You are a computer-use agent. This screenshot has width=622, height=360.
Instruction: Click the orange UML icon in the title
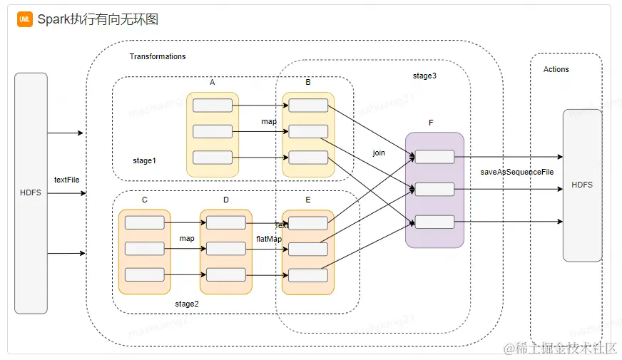25,19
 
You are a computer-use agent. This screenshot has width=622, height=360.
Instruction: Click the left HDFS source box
31,192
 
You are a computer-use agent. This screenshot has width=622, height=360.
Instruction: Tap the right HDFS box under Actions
582,185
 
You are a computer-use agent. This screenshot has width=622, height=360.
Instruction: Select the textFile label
66,180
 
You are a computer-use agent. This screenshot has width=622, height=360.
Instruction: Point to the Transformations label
157,56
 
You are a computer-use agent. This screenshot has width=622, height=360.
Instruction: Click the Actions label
556,69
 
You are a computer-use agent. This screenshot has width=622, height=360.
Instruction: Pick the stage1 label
144,160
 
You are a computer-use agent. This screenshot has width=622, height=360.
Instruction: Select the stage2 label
187,304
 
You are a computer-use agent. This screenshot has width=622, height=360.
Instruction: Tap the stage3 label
424,76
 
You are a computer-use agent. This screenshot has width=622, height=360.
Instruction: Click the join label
379,153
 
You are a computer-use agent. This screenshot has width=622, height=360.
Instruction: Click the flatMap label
269,239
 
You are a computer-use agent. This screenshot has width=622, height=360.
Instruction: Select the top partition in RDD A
213,106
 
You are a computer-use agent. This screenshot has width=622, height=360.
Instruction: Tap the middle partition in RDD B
308,131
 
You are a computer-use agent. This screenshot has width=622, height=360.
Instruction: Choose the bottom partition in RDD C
144,274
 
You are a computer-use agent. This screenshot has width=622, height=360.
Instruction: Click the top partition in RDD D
226,222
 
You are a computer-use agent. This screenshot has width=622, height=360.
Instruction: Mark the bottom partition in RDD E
308,274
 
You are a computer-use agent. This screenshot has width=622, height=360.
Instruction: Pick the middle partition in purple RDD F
434,190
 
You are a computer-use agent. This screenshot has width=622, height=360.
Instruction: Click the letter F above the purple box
431,123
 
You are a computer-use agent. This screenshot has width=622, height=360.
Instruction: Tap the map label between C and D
187,238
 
